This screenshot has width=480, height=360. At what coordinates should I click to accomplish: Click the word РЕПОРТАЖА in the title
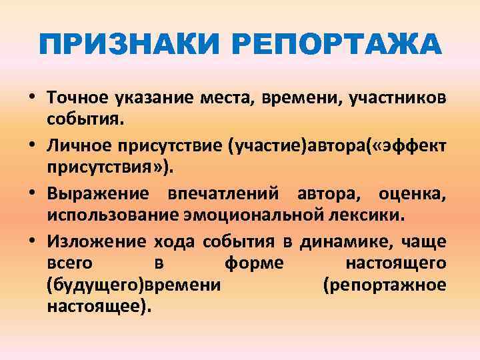(x=336, y=45)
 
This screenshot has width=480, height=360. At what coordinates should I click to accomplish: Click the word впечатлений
(x=213, y=194)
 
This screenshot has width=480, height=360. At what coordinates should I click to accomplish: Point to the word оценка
(x=413, y=194)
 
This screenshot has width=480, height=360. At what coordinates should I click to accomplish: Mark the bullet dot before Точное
(x=32, y=99)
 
